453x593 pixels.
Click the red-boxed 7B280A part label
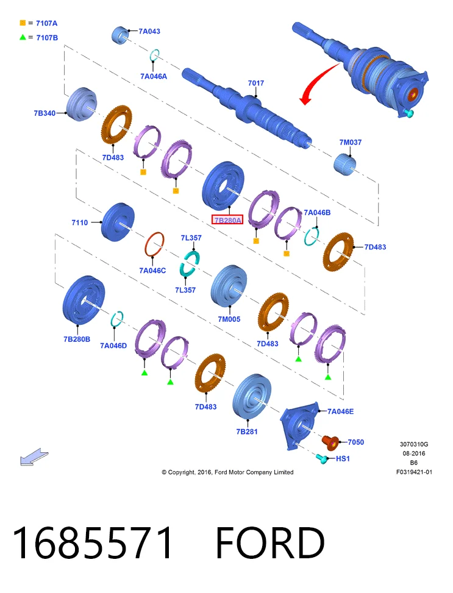[x=227, y=220]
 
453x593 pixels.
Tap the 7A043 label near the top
[x=149, y=32]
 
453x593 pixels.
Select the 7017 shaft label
[x=256, y=83]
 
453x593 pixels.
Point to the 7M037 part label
[x=351, y=142]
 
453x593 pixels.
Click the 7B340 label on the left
[x=45, y=113]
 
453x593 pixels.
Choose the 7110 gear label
[x=79, y=222]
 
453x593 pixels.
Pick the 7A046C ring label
[x=152, y=271]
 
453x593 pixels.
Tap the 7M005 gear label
[x=229, y=319]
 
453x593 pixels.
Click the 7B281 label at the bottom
[x=247, y=431]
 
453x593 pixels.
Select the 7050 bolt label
[x=355, y=442]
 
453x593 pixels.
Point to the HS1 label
[x=343, y=459]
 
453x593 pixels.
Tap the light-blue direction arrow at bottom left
[x=34, y=457]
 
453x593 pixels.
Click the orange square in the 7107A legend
[x=23, y=23]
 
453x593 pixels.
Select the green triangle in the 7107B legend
[x=23, y=37]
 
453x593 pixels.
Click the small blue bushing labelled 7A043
[x=120, y=35]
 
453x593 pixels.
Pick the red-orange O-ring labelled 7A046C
[x=154, y=245]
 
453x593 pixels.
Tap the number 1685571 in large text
[x=92, y=542]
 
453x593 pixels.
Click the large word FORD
[x=270, y=542]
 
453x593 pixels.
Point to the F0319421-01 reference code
[x=414, y=472]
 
